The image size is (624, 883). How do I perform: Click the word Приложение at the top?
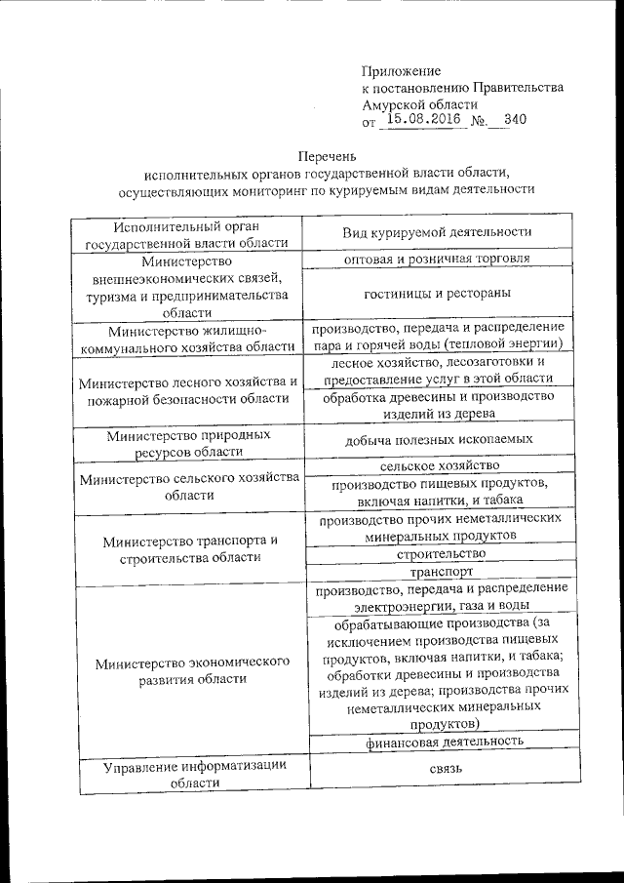(401, 71)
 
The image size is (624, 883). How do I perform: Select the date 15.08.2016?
(422, 120)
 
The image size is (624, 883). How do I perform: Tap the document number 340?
(515, 120)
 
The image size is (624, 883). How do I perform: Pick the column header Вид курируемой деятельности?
(437, 232)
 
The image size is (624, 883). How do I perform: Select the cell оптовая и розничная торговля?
(437, 260)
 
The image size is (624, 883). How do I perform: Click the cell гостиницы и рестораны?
(437, 293)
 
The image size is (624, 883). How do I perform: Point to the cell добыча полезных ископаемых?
(437, 441)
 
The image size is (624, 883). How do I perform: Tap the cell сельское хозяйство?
(437, 466)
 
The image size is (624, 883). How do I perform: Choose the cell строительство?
(437, 553)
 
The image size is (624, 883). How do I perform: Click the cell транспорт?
(437, 572)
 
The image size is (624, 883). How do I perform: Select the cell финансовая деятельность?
(437, 741)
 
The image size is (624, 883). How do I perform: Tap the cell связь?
(437, 769)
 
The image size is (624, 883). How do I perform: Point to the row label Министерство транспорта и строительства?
(187, 548)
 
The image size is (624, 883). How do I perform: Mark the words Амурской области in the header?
(419, 103)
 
